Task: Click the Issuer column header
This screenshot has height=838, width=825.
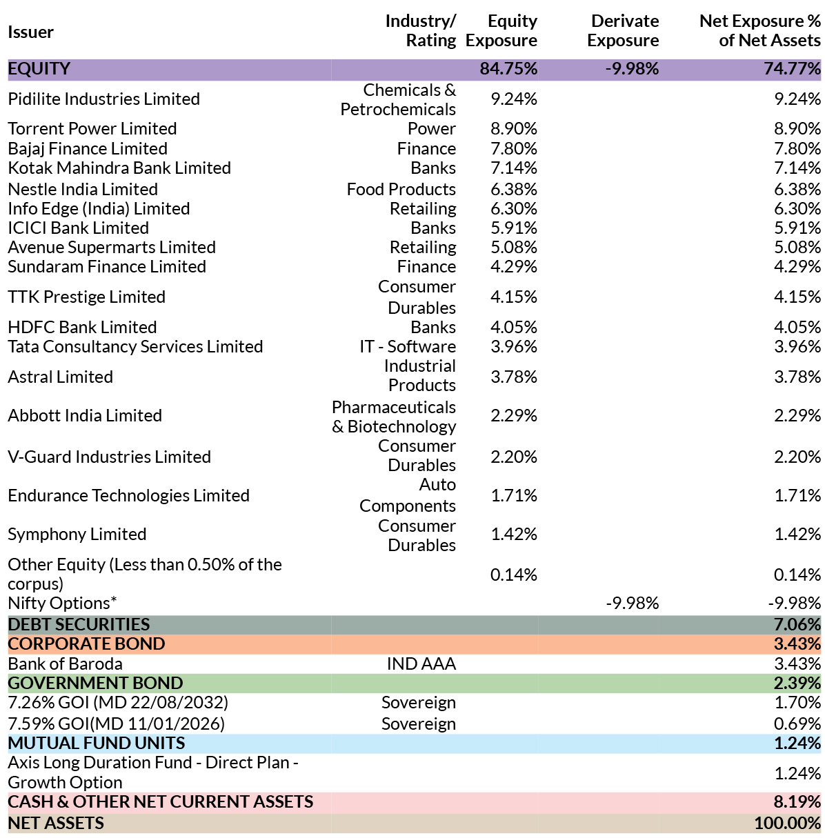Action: click(x=30, y=32)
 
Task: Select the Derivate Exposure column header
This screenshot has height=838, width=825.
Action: click(x=623, y=30)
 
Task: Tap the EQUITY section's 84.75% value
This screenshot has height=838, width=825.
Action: click(x=508, y=69)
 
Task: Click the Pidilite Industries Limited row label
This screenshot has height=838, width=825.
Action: click(x=103, y=99)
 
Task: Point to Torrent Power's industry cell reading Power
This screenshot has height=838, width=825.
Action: click(x=431, y=129)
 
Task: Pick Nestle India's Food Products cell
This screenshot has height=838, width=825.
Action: click(x=401, y=189)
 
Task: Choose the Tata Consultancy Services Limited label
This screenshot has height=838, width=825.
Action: click(x=135, y=347)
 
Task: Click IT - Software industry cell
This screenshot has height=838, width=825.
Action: click(x=408, y=347)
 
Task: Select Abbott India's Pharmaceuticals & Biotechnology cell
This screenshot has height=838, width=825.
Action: click(x=394, y=417)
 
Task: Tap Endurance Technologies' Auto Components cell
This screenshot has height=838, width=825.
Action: click(x=408, y=495)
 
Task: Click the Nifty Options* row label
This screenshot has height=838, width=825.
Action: click(x=62, y=603)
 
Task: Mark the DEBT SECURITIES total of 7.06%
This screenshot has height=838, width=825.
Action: click(x=797, y=624)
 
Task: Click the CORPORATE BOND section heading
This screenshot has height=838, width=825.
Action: click(x=86, y=644)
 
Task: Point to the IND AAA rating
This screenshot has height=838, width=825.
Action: click(x=421, y=664)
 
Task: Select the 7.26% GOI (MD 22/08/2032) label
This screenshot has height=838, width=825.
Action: click(x=118, y=702)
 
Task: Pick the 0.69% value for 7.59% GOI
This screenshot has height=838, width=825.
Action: click(x=797, y=724)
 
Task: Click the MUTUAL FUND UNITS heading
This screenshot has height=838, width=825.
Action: click(x=96, y=744)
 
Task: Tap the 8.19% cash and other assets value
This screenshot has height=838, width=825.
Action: click(x=797, y=801)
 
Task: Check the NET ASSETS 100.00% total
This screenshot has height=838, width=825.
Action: click(x=787, y=823)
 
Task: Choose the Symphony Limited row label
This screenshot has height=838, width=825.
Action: click(x=77, y=535)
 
